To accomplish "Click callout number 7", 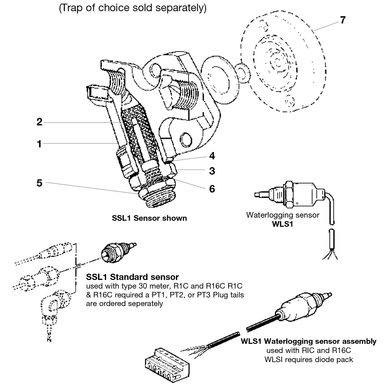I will coord(343,20).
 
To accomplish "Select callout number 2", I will coord(39,122).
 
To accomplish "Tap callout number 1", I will coord(39,143).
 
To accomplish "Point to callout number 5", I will coord(39,183).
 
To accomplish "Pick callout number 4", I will coord(212,156).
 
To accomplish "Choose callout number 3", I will coord(212,171).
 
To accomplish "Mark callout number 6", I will coord(212,189).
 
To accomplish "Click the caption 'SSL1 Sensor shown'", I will coord(149,218).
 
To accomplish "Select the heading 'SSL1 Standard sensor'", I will coord(132,277).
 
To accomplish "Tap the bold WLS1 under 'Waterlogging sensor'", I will coord(283,224).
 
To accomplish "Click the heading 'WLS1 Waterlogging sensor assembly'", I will coord(309,341).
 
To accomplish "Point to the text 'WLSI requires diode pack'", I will coord(309,359).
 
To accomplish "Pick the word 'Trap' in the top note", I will coord(69,8).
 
